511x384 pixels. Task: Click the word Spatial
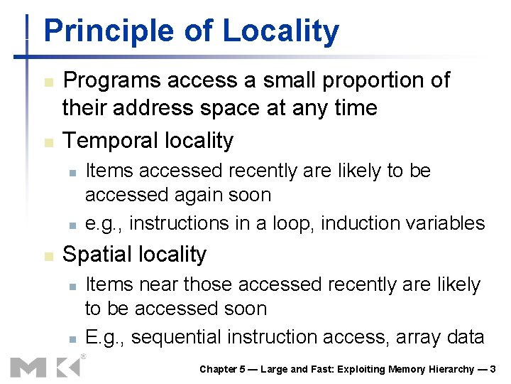[97, 255]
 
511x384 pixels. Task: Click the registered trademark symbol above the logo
[84, 356]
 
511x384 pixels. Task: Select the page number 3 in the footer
[493, 369]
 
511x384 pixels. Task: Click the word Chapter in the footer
[219, 369]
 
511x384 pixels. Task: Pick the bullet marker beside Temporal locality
[48, 142]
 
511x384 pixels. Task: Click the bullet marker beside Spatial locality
[48, 255]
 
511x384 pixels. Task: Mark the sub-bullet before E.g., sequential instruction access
[72, 337]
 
